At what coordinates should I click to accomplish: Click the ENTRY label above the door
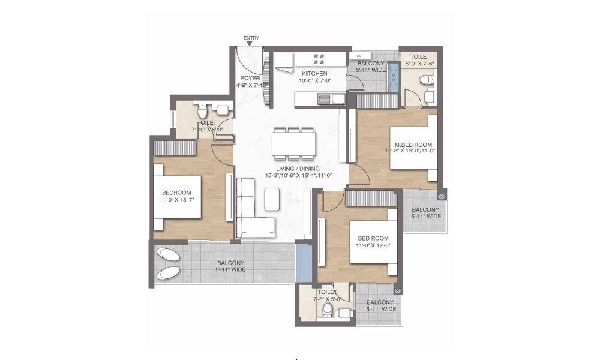251,38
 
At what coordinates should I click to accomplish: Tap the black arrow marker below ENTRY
250,44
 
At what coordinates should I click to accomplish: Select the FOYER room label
250,78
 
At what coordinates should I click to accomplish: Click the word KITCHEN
314,73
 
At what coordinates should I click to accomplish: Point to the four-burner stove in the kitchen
318,59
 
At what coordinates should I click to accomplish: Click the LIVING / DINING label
298,169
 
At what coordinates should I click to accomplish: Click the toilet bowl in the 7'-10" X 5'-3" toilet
202,112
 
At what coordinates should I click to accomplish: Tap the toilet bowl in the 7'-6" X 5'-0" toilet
328,310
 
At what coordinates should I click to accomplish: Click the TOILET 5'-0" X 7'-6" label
419,58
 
